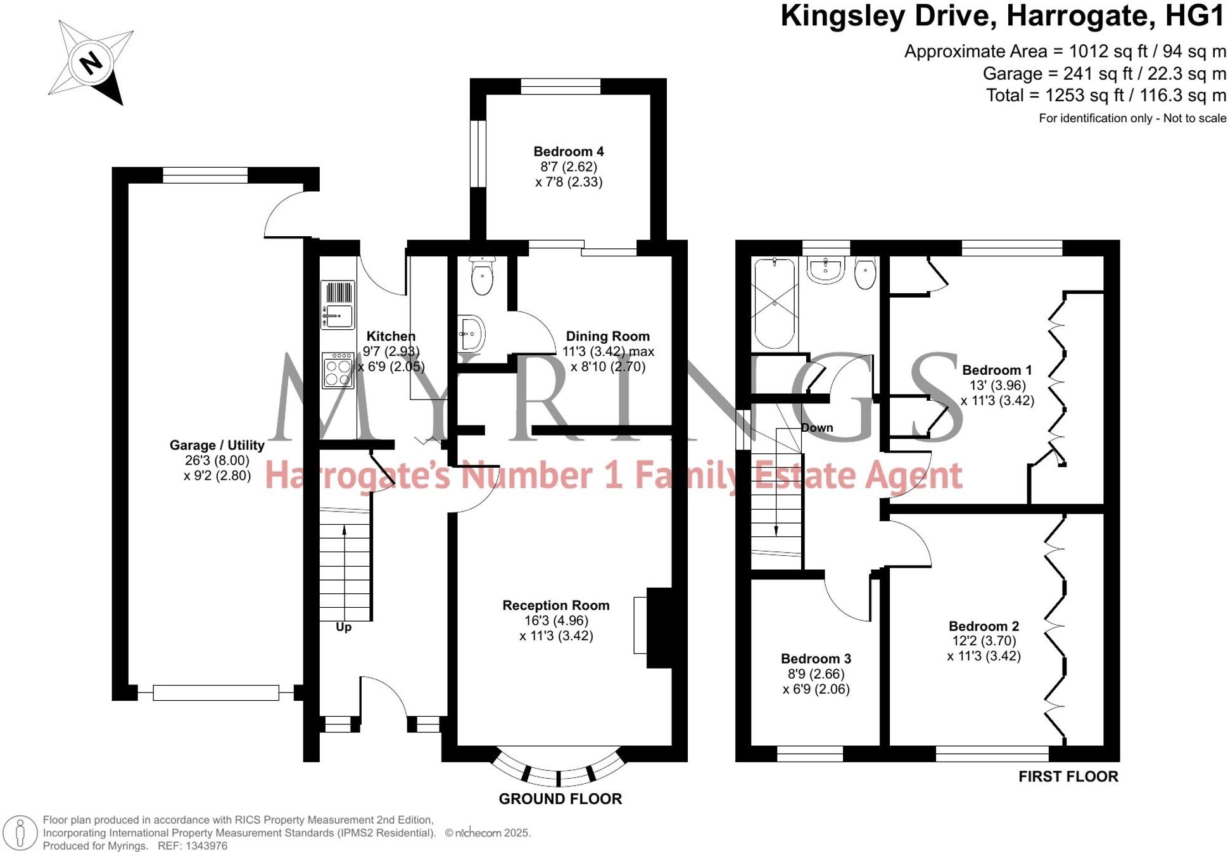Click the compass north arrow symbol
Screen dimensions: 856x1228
pos(91,62)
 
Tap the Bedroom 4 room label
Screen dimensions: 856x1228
pos(568,152)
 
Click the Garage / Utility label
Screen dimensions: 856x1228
pos(217,445)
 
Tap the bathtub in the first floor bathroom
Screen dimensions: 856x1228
pos(775,303)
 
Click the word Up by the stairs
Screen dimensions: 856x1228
pos(343,627)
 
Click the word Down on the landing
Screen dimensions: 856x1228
pos(816,428)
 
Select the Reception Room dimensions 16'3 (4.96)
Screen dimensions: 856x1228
pos(556,620)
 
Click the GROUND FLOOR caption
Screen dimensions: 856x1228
pos(560,799)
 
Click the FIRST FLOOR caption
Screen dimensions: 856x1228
pos(1068,777)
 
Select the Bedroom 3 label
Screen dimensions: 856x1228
pos(816,659)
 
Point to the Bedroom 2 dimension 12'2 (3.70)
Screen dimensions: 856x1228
pos(984,641)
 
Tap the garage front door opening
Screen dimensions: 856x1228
pos(215,693)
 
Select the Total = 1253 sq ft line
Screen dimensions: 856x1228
pos(1105,96)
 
